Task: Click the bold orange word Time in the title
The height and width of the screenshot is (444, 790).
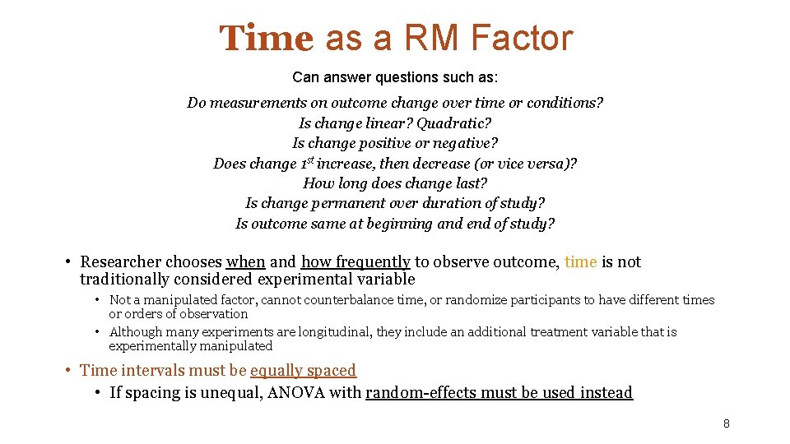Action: (266, 39)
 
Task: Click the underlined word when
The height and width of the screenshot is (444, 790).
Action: (245, 262)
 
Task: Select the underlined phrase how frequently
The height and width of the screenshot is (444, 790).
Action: (355, 262)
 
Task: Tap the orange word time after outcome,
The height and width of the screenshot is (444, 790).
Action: (580, 262)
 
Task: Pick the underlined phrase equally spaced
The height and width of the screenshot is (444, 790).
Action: (303, 371)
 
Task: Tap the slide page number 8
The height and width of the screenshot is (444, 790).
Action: (726, 423)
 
